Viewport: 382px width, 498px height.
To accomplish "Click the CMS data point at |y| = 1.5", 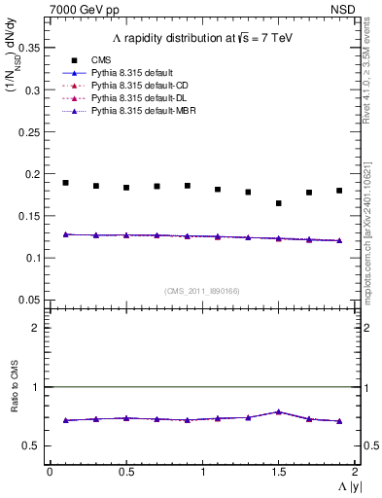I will (278, 203).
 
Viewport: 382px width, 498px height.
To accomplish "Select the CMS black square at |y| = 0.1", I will (65, 183).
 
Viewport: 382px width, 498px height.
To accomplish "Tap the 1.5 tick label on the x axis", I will (278, 472).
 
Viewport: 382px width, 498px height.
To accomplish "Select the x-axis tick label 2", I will (355, 472).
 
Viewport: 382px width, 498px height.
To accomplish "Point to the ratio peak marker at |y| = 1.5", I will (278, 411).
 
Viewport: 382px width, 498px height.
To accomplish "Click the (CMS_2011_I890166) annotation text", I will (201, 291).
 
